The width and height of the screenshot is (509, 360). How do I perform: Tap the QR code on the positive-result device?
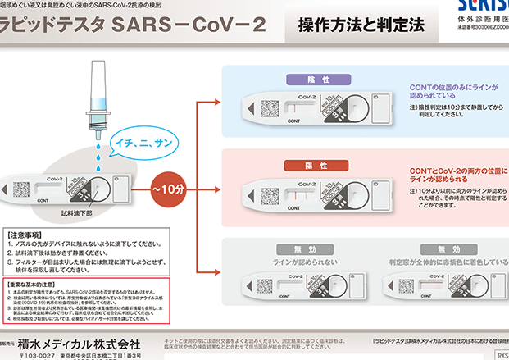pyautogui.click(x=268, y=193)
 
